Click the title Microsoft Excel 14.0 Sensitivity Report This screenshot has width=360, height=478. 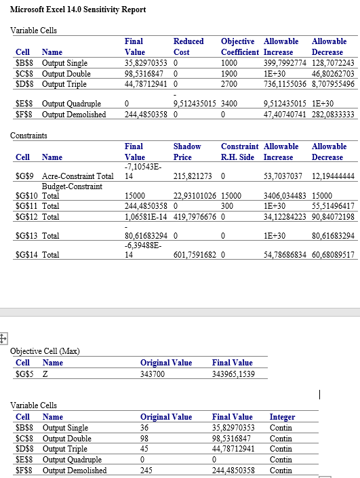pyautogui.click(x=79, y=10)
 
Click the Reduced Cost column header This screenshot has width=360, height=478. pyautogui.click(x=188, y=47)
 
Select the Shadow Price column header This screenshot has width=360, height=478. pyautogui.click(x=187, y=151)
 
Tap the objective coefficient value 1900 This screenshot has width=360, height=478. pyautogui.click(x=229, y=73)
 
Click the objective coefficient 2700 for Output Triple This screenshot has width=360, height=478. pyautogui.click(x=229, y=84)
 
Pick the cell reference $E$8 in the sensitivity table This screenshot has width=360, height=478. pyautogui.click(x=25, y=104)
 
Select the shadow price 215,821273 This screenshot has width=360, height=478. pyautogui.click(x=194, y=176)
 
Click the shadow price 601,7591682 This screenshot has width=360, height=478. pyautogui.click(x=197, y=255)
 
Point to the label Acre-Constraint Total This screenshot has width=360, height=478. pyautogui.click(x=77, y=176)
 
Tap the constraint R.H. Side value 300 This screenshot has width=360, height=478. pyautogui.click(x=227, y=205)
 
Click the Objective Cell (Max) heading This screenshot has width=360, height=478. pyautogui.click(x=45, y=351)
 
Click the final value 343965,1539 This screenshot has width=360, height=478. pyautogui.click(x=238, y=373)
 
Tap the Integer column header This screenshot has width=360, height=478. pyautogui.click(x=282, y=417)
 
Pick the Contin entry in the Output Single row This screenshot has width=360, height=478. pyautogui.click(x=281, y=428)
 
